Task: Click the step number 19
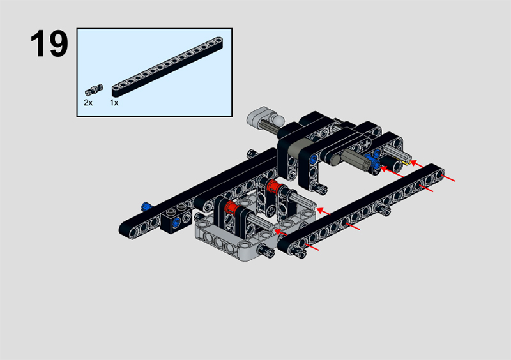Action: click(x=49, y=43)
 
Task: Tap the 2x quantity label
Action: click(x=88, y=103)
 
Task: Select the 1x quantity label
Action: click(x=114, y=103)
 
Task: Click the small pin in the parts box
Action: click(x=94, y=89)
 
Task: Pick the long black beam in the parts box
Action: click(x=167, y=67)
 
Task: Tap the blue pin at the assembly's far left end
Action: click(x=147, y=206)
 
